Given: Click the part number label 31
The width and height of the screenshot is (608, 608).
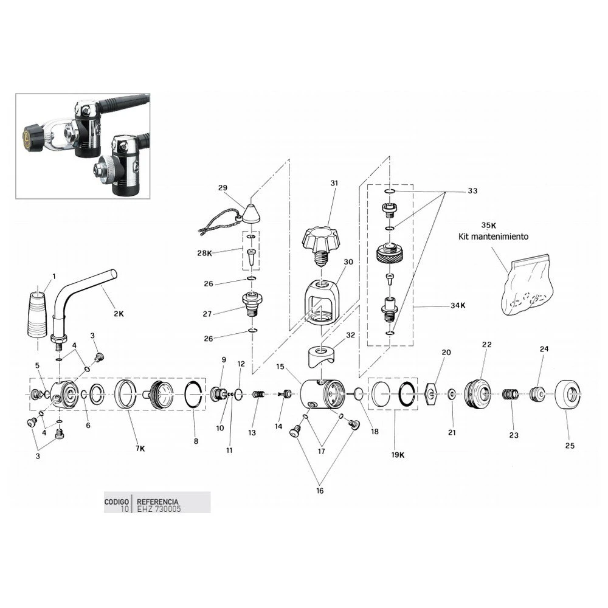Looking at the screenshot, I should pos(333,183).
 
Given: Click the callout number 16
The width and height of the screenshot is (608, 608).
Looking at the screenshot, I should pos(320,490).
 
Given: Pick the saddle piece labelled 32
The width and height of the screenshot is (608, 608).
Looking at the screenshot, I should pos(322,356).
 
